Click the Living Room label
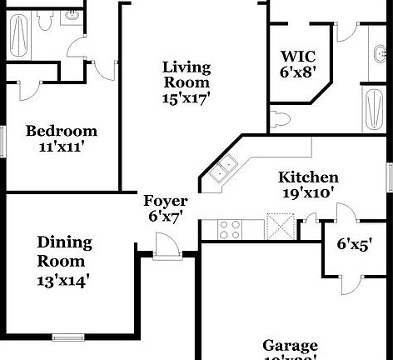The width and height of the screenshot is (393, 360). [x=187, y=74]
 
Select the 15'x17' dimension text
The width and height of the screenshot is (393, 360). [x=187, y=97]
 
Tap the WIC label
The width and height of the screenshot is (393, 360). [x=297, y=57]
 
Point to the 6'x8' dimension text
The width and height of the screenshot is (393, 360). [x=297, y=72]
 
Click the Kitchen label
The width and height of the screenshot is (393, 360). [x=308, y=177]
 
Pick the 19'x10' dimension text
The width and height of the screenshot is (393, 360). [x=308, y=192]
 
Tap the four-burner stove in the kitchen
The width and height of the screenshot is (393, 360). [x=229, y=225]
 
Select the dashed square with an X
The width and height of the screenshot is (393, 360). [x=281, y=225]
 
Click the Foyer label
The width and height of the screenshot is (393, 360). [x=166, y=201]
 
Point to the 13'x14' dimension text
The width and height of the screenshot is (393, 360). [x=63, y=280]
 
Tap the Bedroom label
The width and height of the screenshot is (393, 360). [x=61, y=131]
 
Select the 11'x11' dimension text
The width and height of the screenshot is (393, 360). [x=61, y=147]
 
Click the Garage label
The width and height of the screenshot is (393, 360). [x=290, y=346]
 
